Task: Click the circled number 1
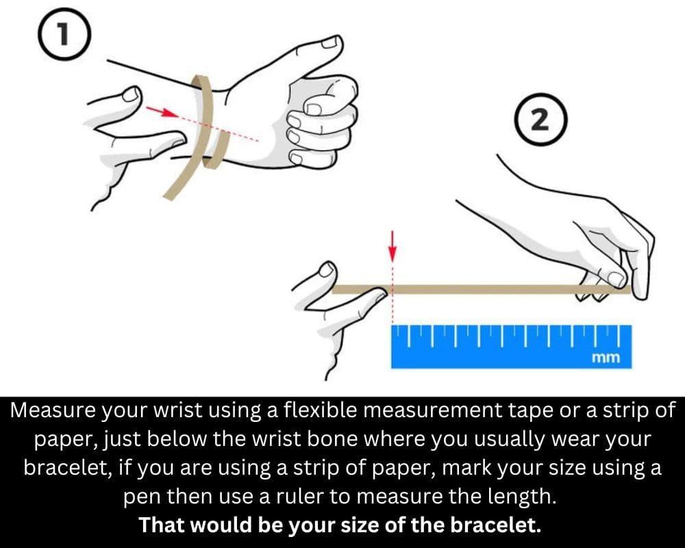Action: coord(64,34)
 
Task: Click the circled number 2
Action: coord(541,119)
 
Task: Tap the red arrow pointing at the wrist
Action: coord(162,112)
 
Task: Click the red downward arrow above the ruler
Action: coord(393,247)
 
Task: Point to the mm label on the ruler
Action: coord(606,358)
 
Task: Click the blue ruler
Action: coord(511,347)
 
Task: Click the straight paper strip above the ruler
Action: coord(481,289)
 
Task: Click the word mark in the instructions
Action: coord(467,468)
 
